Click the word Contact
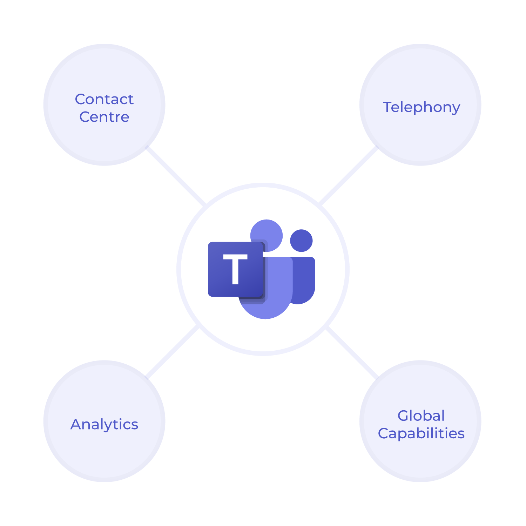104,99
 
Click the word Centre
104,117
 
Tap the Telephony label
421,107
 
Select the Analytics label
104,424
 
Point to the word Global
421,416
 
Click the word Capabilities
421,433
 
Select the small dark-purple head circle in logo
301,241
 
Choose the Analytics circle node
104,452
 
